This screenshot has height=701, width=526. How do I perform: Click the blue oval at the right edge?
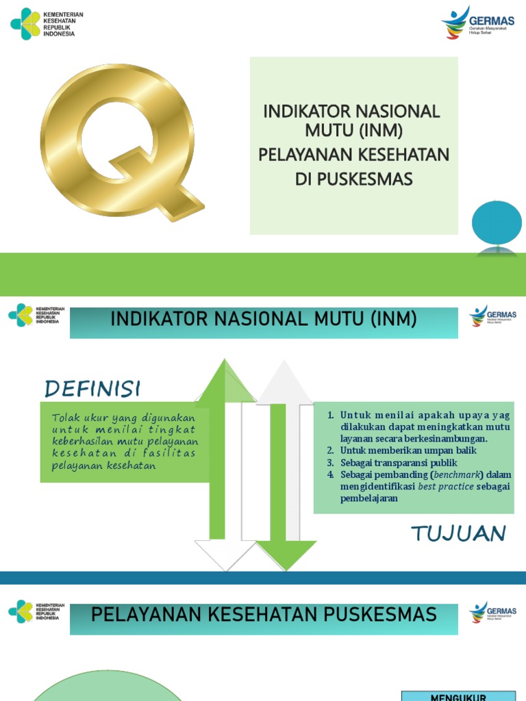click(497, 222)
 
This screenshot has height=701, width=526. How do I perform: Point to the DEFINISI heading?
click(92, 390)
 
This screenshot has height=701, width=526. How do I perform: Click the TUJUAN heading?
click(458, 533)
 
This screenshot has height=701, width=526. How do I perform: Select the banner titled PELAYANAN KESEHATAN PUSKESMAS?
click(264, 614)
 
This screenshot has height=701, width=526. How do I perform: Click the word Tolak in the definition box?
click(63, 418)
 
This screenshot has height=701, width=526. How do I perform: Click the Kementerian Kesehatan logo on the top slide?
click(42, 24)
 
